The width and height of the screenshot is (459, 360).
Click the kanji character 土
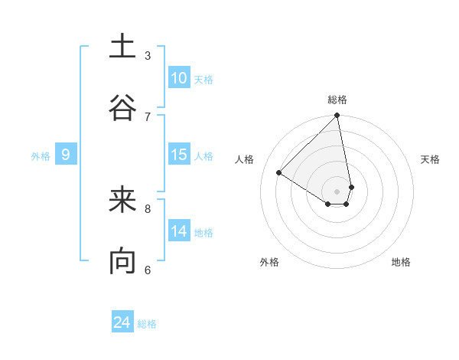tap(122, 47)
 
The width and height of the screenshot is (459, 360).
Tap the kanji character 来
tap(122, 201)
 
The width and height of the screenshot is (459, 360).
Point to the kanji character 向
tap(122, 262)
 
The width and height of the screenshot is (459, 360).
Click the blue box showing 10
tap(179, 78)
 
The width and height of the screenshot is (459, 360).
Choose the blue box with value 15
tap(179, 155)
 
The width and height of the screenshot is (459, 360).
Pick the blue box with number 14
tap(179, 231)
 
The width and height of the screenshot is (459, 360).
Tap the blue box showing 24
tap(122, 322)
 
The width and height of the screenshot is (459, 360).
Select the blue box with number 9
tap(66, 155)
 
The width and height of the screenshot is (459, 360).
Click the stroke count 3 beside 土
tap(148, 55)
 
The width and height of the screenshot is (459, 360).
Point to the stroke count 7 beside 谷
tap(148, 116)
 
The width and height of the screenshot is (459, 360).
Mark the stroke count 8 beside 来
tap(148, 208)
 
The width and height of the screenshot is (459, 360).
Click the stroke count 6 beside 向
tap(148, 269)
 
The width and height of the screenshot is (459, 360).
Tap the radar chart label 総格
tap(337, 100)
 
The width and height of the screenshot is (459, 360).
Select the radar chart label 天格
tap(431, 159)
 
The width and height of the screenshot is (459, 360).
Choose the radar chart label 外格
tap(269, 262)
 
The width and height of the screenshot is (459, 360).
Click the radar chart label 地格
tap(401, 262)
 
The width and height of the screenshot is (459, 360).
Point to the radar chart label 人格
tap(245, 159)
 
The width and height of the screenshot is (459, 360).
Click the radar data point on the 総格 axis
tap(337, 116)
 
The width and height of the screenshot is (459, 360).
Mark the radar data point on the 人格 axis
tap(279, 172)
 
